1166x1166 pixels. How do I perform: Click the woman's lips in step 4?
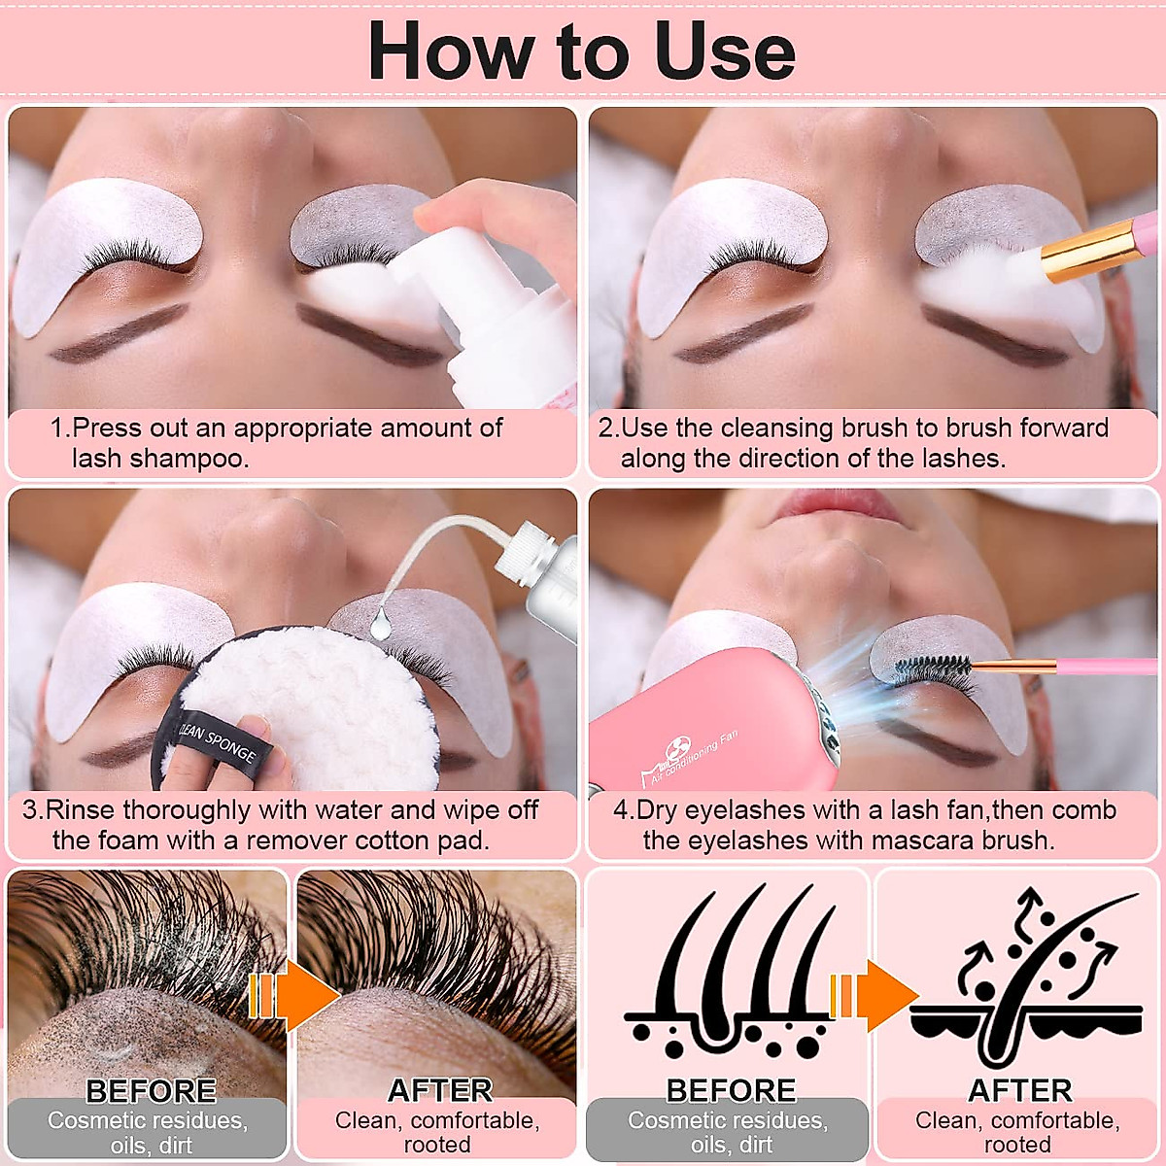840,505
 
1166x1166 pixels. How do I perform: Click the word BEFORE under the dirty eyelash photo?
151,1091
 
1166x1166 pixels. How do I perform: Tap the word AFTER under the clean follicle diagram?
1019,1091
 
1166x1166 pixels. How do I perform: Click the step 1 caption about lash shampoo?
277,443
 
